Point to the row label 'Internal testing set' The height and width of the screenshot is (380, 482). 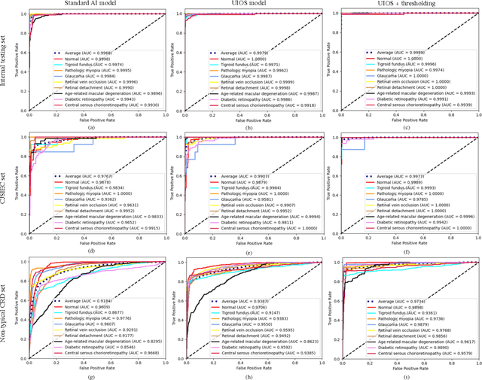[x=6, y=62]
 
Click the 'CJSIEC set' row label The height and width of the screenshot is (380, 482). [x=6, y=187]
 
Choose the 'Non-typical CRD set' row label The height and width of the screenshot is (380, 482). [x=6, y=312]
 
